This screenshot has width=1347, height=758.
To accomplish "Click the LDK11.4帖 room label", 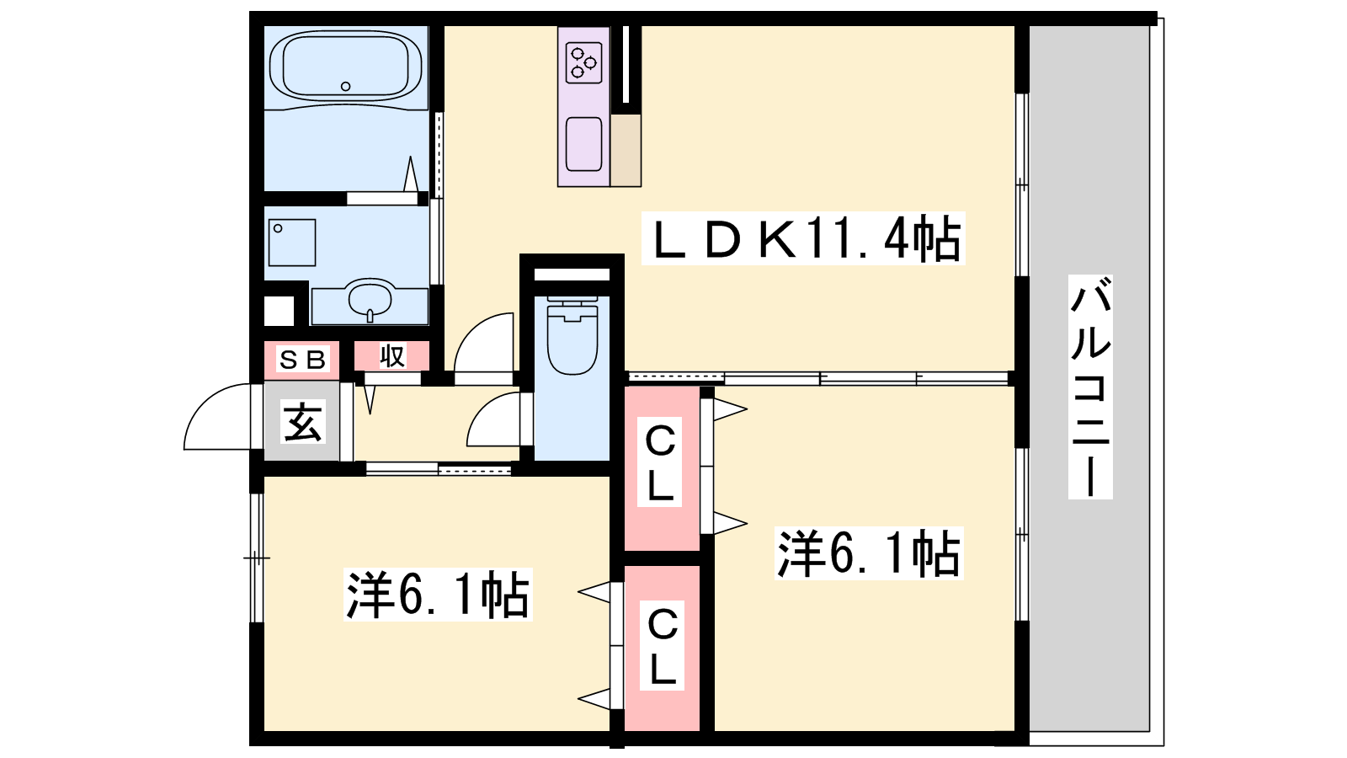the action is coord(803,239).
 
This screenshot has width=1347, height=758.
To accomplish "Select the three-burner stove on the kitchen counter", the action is coord(583,62).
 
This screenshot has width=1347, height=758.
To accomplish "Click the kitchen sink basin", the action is coord(584,144).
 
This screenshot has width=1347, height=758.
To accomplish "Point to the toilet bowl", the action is coord(572,338).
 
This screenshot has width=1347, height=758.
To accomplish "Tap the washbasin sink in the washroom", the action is coord(370,298).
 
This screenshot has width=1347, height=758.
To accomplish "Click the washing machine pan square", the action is coord(292,243).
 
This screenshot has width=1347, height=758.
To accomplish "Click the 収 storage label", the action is coord(392,356).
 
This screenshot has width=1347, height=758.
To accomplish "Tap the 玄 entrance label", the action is coord(302,422).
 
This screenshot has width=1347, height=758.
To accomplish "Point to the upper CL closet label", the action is coord(660,462).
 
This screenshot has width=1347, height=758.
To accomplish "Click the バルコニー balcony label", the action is coord(1089,387).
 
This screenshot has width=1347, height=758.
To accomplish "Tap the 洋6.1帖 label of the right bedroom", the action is coord(869,553).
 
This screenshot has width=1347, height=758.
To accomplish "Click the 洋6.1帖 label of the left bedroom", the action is coord(438,595).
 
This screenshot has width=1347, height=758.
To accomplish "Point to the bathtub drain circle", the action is coord(346,86).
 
